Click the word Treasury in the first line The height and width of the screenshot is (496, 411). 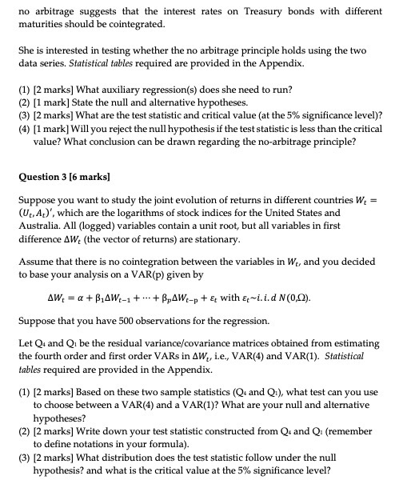[x=254, y=11]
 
